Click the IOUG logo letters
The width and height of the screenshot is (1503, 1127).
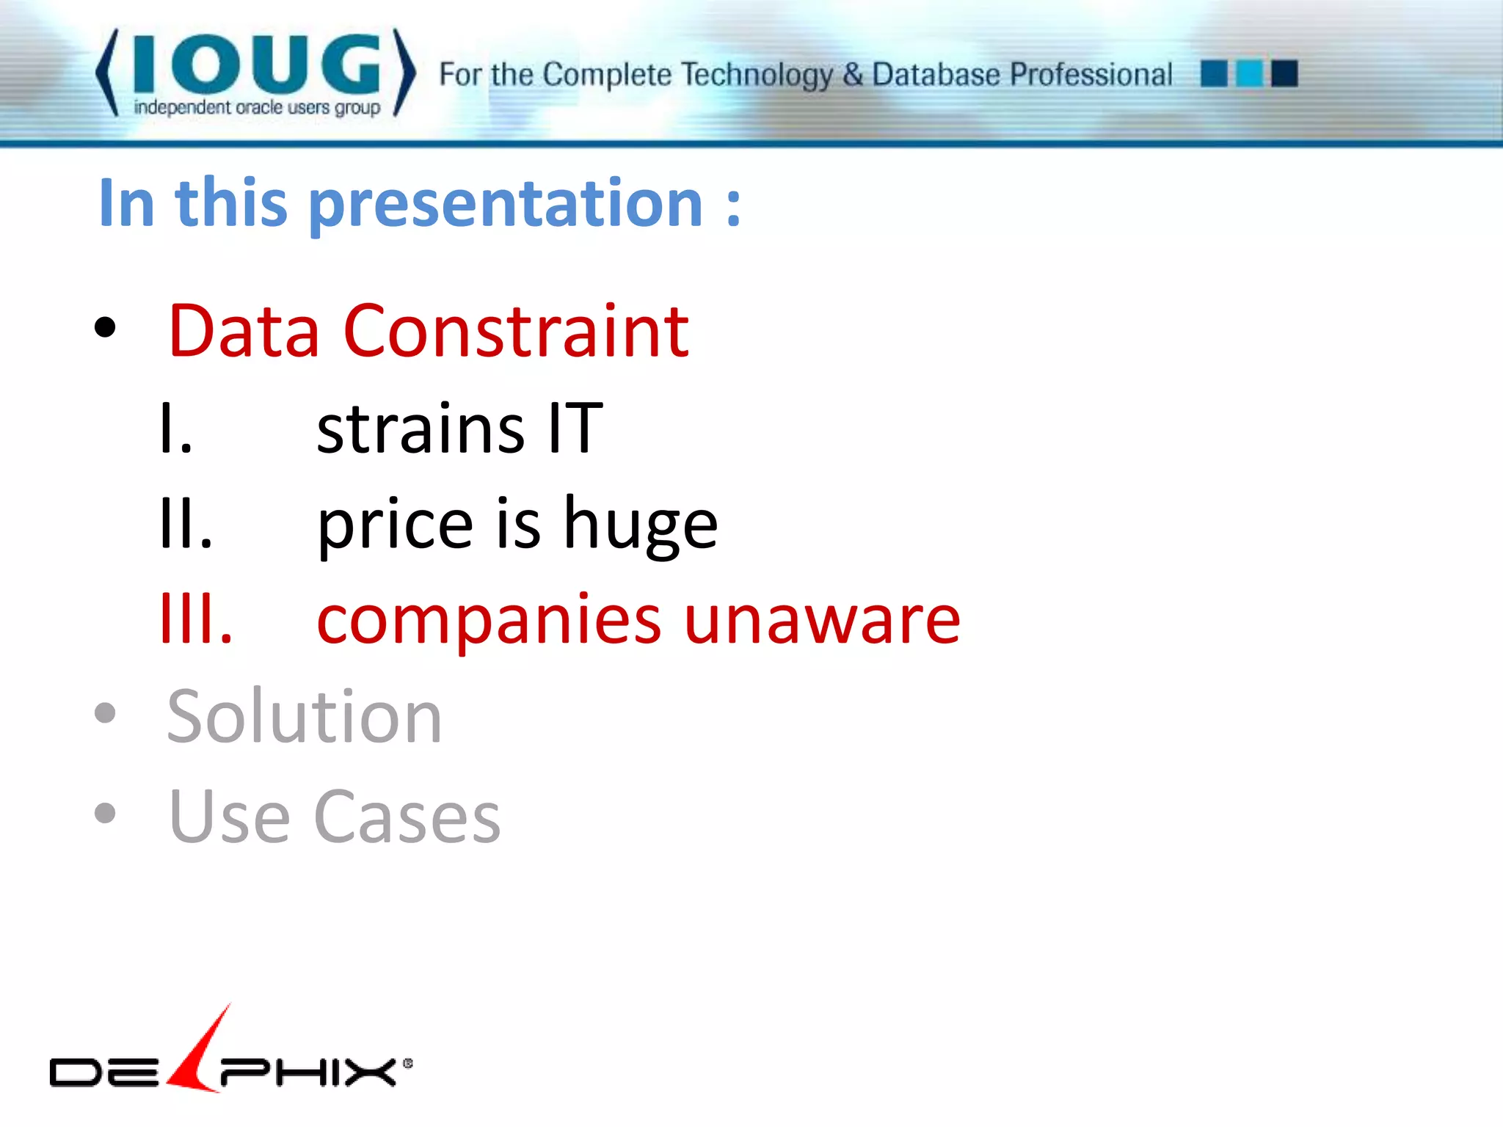click(x=257, y=65)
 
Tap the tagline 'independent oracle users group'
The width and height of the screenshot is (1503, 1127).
click(x=257, y=108)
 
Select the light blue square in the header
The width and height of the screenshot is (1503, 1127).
click(x=1249, y=73)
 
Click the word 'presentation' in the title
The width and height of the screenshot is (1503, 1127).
click(x=506, y=204)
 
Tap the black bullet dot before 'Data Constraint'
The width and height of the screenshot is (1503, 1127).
click(x=105, y=327)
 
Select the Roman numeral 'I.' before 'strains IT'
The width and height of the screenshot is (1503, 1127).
click(x=176, y=428)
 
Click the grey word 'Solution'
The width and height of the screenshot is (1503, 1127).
click(x=305, y=717)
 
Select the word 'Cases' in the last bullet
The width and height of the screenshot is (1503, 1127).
click(x=407, y=817)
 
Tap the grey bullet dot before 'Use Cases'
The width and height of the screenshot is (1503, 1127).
click(x=105, y=812)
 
